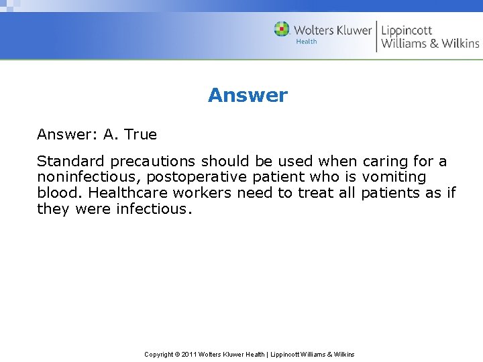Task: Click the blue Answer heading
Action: pos(248,95)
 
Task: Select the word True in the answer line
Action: pos(140,134)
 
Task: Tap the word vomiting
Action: pos(394,178)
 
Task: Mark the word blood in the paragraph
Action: pos(58,193)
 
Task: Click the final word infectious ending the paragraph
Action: pos(154,208)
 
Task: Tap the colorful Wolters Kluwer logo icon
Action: pos(282,29)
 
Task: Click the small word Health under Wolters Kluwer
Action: pos(307,42)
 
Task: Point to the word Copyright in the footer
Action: pos(160,354)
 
